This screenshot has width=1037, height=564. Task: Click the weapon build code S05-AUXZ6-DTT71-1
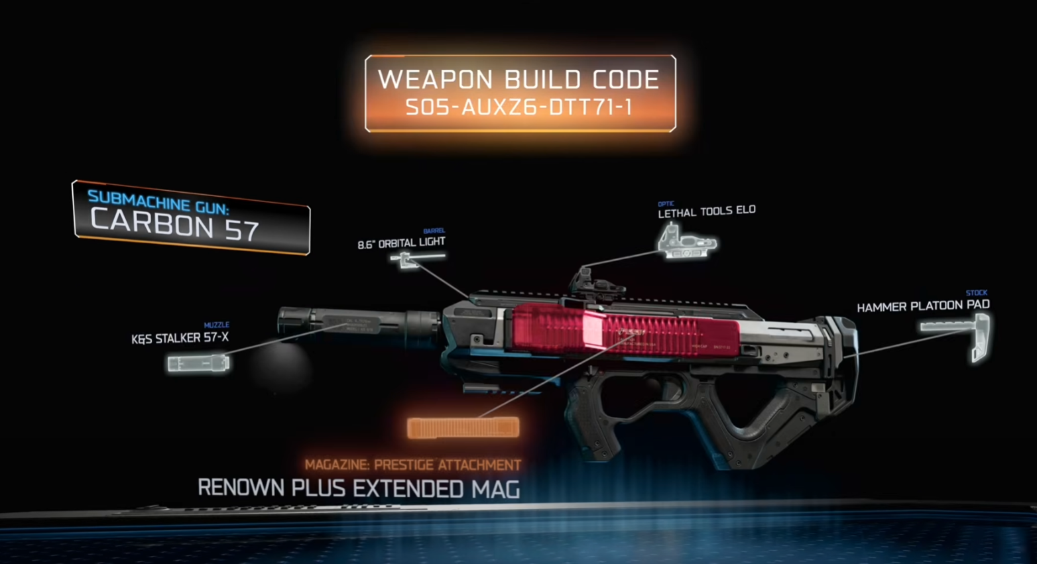tap(519, 107)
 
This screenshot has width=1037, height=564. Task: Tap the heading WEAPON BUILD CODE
tap(519, 80)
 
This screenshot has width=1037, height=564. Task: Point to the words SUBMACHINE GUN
tap(158, 201)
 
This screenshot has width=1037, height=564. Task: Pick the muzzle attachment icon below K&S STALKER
tap(198, 363)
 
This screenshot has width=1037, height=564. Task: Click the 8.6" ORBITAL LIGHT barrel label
tap(401, 243)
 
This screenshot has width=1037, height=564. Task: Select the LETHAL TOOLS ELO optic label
tap(706, 211)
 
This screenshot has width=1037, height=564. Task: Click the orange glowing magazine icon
tap(463, 427)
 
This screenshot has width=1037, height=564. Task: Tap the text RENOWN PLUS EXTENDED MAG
tap(359, 489)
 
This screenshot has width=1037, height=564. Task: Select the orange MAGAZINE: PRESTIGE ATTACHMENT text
tap(412, 465)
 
